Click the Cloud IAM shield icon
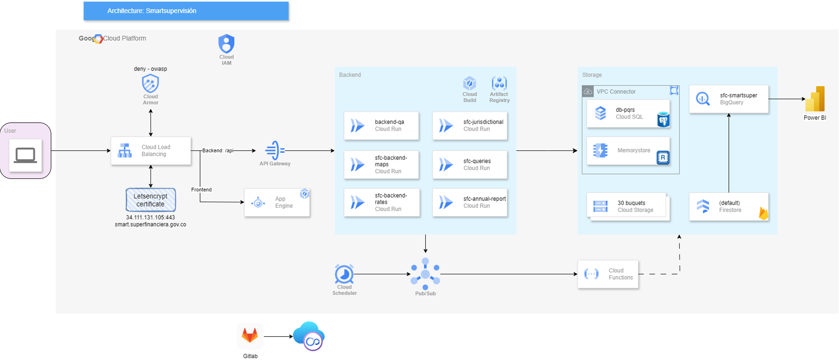pos(226,43)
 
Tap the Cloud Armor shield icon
pos(150,83)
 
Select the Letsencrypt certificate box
pos(151,200)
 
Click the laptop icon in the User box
pos(25,155)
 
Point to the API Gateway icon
pos(275,150)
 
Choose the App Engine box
pos(277,202)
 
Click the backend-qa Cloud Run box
pos(381,125)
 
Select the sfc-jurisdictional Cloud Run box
pos(470,125)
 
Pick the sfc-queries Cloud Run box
pos(470,165)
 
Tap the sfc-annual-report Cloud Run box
pos(470,202)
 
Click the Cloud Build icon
pos(469,84)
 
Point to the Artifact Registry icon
pos(499,84)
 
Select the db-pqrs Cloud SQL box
pos(628,114)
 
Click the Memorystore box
pos(628,151)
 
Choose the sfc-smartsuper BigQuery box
pos(729,99)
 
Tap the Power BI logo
pos(815,99)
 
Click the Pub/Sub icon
pos(425,274)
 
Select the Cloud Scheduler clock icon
pos(344,274)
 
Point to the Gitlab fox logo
pos(250,336)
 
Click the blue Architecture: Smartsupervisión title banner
pos(186,11)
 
